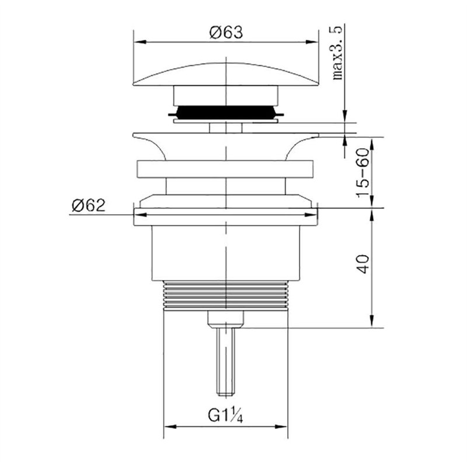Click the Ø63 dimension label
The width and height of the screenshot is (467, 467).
click(226, 32)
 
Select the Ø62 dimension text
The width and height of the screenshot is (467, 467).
click(89, 205)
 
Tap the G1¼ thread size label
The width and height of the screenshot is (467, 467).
click(225, 416)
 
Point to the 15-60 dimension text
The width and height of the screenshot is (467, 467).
click(363, 172)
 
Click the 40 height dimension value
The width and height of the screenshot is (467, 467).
click(363, 264)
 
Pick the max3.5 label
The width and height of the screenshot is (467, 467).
click(338, 53)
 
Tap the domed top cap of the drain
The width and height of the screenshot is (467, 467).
click(226, 74)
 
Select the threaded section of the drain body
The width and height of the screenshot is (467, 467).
click(226, 295)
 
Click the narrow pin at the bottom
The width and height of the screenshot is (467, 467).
click(225, 361)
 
